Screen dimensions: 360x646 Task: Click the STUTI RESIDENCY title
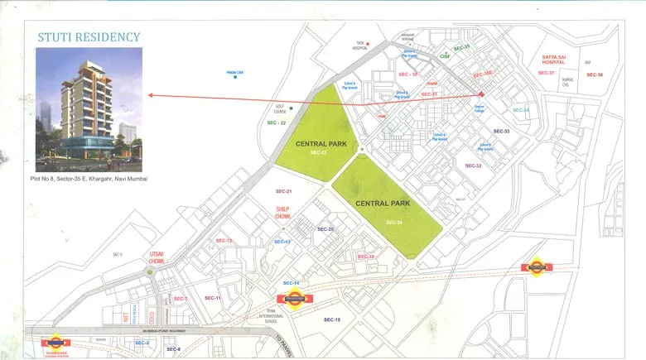[89, 37]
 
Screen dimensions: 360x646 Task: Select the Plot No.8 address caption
[89, 179]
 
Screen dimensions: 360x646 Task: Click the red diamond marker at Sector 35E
[481, 94]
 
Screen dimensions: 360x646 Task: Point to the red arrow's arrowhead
[151, 95]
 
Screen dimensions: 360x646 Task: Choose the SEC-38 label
[595, 75]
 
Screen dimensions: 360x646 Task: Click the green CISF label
[445, 56]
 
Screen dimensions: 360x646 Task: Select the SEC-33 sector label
[501, 132]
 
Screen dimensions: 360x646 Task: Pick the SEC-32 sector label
[473, 166]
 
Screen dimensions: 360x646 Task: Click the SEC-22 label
[277, 122]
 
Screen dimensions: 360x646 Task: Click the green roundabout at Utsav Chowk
[151, 271]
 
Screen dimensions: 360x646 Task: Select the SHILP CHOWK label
[283, 212]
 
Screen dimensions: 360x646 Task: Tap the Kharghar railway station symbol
[56, 342]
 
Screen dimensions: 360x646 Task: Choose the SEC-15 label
[332, 319]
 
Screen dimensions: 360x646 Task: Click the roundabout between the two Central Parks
[362, 150]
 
